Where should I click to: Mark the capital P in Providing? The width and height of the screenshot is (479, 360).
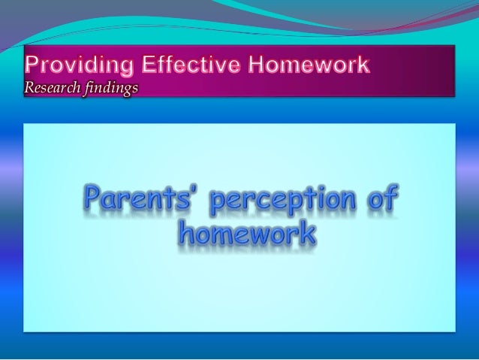tap(32, 65)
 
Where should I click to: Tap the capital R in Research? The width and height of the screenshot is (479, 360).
tap(29, 88)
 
